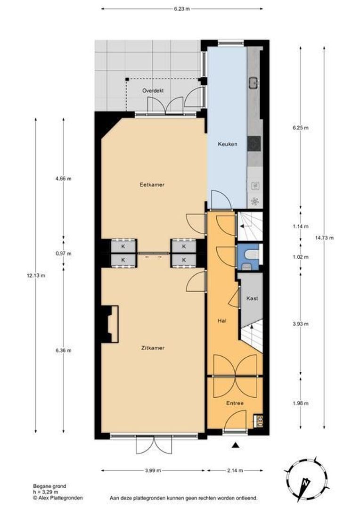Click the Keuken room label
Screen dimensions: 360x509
click(227, 144)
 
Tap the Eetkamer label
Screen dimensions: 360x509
click(152, 184)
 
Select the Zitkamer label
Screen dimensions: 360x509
click(153, 348)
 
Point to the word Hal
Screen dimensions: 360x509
click(222, 321)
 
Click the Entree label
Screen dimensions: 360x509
click(235, 403)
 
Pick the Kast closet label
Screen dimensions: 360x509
click(252, 298)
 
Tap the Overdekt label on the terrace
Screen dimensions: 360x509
click(153, 90)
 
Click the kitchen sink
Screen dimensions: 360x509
click(254, 83)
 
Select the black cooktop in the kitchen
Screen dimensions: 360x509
click(254, 144)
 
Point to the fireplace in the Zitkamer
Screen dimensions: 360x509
click(110, 324)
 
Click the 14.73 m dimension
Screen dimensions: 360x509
click(324, 238)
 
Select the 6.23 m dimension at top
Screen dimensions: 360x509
click(182, 9)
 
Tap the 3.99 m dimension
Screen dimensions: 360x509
click(153, 470)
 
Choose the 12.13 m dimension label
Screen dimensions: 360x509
click(36, 276)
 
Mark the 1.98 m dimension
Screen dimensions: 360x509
click(300, 403)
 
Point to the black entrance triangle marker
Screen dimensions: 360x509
click(236, 445)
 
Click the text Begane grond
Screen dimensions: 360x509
click(49, 486)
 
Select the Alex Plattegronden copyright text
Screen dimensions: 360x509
click(58, 498)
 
